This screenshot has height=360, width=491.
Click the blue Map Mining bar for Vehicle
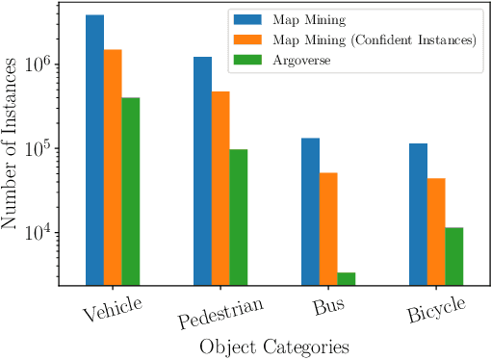coord(94,150)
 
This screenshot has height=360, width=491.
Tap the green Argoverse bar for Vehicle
coord(131,192)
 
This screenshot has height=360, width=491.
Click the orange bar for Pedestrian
coord(220,189)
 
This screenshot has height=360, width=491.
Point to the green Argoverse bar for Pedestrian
coord(239,218)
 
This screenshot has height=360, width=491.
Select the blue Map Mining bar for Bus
coord(310,212)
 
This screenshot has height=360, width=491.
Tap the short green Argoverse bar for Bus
coord(347,279)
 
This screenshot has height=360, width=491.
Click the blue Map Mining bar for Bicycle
coord(418,215)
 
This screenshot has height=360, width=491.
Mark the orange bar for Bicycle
coord(436,232)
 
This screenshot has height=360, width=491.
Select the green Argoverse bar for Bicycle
coord(454,256)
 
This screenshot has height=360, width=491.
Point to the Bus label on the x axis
coord(328,308)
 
